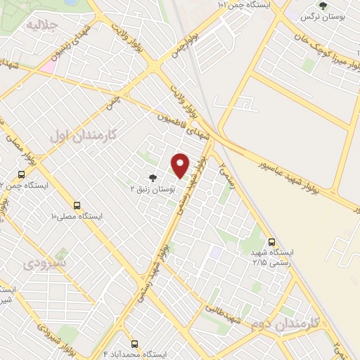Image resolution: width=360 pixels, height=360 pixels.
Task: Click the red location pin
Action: tap(181, 165)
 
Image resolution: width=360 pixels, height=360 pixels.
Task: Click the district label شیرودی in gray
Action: tap(44, 264)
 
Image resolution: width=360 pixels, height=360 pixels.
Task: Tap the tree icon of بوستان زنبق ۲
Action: tap(153, 178)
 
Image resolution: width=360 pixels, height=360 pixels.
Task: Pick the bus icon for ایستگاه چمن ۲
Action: tap(21, 174)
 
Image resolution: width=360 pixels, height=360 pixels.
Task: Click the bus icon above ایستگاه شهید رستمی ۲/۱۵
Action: tap(272, 240)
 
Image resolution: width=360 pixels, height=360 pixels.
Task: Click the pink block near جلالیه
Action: tap(46, 66)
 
